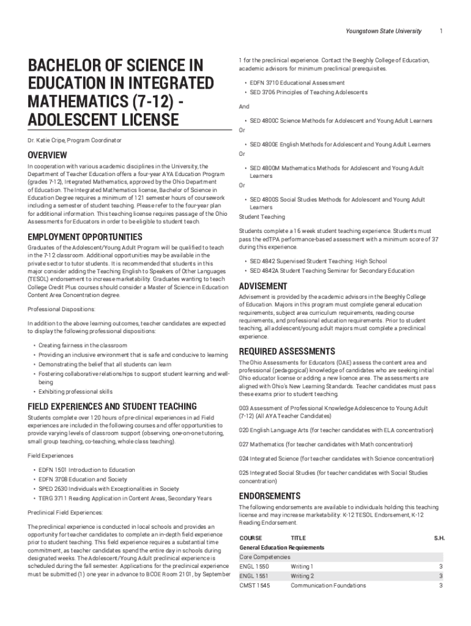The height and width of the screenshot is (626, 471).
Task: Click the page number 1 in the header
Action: (441, 31)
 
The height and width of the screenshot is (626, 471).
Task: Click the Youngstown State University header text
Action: (384, 31)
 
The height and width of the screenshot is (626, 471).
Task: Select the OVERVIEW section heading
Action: (47, 155)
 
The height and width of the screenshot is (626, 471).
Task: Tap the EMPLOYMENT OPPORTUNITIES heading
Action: (85, 237)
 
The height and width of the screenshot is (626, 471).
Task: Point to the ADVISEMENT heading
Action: (263, 286)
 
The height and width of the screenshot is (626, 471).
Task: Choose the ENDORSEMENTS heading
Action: (270, 496)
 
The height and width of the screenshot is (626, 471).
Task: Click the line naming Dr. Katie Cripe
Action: (74, 141)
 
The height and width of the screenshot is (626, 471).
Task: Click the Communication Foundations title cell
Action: (328, 586)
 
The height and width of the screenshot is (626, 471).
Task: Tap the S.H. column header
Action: (439, 538)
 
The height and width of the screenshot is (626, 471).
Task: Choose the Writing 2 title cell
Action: (302, 576)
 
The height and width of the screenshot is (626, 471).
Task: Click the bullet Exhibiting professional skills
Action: (75, 392)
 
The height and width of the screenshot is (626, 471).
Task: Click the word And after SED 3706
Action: (244, 106)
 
